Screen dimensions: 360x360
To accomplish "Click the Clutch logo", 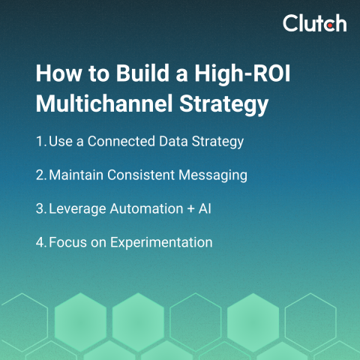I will (314, 23).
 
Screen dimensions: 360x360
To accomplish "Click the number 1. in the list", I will (40, 141).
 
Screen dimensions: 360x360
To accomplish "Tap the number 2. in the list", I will (41, 175).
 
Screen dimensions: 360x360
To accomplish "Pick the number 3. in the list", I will (41, 208).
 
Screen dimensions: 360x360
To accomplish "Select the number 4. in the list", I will (41, 242).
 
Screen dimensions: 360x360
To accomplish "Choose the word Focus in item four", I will (67, 242).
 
